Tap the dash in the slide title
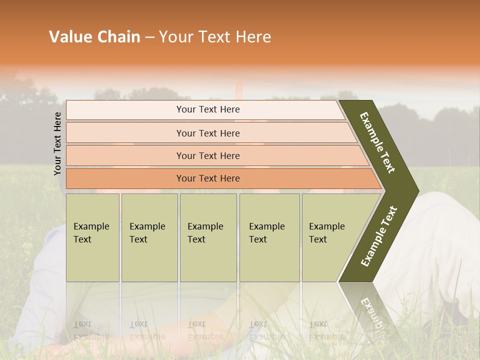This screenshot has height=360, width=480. click(149, 37)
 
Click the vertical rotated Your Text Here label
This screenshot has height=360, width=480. click(57, 143)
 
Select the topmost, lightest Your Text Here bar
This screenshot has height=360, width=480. click(207, 109)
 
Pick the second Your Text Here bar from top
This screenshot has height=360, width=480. click(207, 133)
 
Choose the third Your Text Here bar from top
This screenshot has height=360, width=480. click(207, 155)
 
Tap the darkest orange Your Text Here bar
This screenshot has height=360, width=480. click(207, 178)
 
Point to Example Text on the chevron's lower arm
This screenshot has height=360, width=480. click(379, 236)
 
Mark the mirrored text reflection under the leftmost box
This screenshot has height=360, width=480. click(91, 330)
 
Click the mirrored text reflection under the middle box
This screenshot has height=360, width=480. click(205, 330)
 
